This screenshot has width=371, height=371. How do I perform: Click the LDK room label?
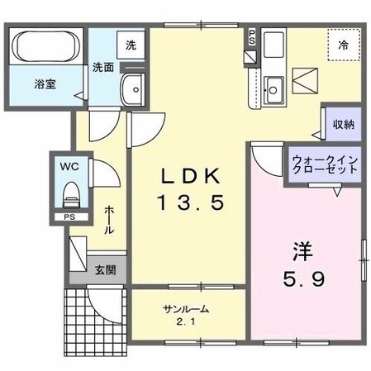click(189, 176)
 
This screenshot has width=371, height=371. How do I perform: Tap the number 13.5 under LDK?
click(189, 202)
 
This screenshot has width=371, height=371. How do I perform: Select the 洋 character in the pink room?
click(300, 249)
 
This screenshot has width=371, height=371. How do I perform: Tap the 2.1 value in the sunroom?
click(186, 321)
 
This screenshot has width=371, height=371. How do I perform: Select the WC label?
click(68, 166)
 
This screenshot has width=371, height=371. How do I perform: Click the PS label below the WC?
click(69, 217)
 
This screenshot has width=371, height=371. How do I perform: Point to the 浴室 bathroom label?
click(45, 83)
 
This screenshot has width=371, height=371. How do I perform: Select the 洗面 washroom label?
click(103, 66)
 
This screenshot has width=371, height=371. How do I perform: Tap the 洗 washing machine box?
click(131, 45)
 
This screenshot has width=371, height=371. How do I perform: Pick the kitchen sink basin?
click(274, 85)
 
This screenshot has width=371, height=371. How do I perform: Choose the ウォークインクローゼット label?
click(325, 162)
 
